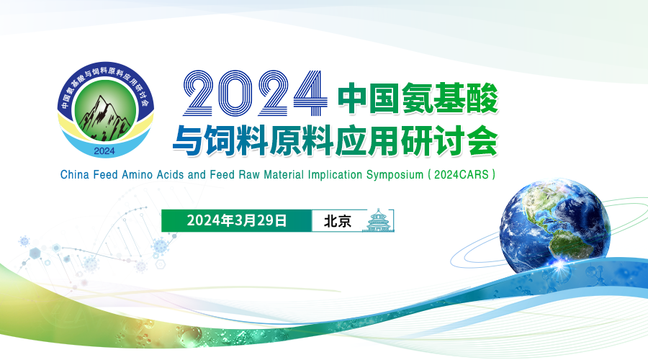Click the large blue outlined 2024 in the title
point(256,93)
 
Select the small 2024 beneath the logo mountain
point(104,151)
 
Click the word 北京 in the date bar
point(338,221)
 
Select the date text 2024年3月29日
point(237,220)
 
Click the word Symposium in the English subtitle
point(395,175)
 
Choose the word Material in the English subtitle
point(284,175)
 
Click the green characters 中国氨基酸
point(418,99)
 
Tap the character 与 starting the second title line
point(188,140)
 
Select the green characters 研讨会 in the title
point(449,140)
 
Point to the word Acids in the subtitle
point(170,175)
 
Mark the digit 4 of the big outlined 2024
point(310,93)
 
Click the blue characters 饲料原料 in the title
point(269,140)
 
